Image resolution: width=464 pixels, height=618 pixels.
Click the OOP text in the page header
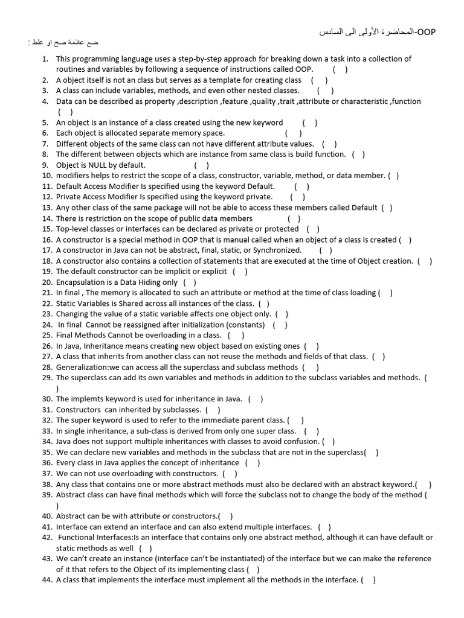click(427, 31)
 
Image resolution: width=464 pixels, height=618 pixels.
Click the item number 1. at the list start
click(45, 59)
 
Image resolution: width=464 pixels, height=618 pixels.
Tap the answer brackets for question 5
click(311, 123)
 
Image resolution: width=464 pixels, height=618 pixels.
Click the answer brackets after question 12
click(297, 197)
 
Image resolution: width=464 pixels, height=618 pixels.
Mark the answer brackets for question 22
click(264, 303)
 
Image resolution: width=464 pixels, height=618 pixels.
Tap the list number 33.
click(47, 431)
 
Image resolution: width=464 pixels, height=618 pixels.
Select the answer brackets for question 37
click(230, 474)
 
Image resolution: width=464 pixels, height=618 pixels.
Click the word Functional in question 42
click(77, 537)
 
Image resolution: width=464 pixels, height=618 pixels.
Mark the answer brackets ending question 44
click(368, 580)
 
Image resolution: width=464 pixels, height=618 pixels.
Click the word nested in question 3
click(262, 91)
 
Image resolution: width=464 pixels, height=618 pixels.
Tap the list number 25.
click(47, 335)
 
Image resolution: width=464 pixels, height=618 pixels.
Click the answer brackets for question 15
click(313, 229)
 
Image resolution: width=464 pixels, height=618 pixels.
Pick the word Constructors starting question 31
click(79, 410)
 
